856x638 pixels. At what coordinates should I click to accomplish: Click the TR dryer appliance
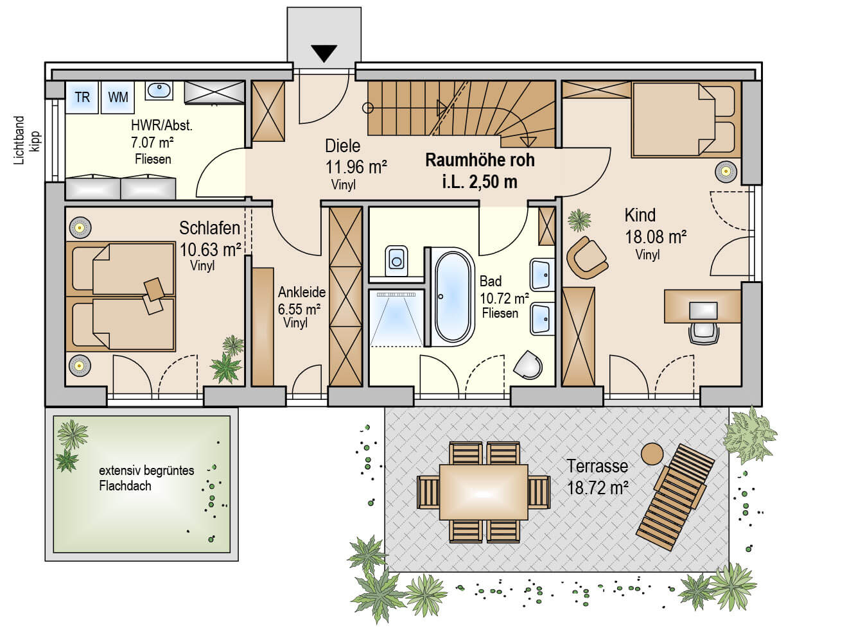pyautogui.click(x=82, y=98)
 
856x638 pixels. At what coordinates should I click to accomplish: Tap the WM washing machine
pyautogui.click(x=118, y=98)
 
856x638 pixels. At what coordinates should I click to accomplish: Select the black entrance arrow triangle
pyautogui.click(x=324, y=53)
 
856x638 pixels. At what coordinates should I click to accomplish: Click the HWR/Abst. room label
pyautogui.click(x=161, y=126)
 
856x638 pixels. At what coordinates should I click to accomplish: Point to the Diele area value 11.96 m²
pyautogui.click(x=356, y=167)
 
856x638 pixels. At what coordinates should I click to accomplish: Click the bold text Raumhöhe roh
pyautogui.click(x=480, y=160)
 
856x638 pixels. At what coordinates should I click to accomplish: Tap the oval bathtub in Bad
pyautogui.click(x=453, y=297)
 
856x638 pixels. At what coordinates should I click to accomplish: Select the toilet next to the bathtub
pyautogui.click(x=396, y=261)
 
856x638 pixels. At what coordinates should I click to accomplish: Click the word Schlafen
pyautogui.click(x=209, y=228)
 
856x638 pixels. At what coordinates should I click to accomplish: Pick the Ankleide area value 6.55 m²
pyautogui.click(x=299, y=309)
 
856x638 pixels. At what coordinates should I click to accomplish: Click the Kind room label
pyautogui.click(x=640, y=215)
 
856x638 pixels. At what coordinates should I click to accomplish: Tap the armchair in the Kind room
pyautogui.click(x=586, y=257)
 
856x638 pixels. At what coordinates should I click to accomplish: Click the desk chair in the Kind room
pyautogui.click(x=704, y=332)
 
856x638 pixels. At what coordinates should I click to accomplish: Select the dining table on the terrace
pyautogui.click(x=483, y=492)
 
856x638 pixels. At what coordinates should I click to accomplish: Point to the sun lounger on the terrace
pyautogui.click(x=675, y=496)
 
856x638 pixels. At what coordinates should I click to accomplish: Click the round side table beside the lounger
pyautogui.click(x=652, y=454)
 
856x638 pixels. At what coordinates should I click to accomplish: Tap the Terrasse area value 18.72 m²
pyautogui.click(x=597, y=488)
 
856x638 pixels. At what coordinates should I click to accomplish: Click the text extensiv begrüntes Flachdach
pyautogui.click(x=146, y=478)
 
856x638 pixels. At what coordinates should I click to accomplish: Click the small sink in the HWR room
pyautogui.click(x=159, y=91)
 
